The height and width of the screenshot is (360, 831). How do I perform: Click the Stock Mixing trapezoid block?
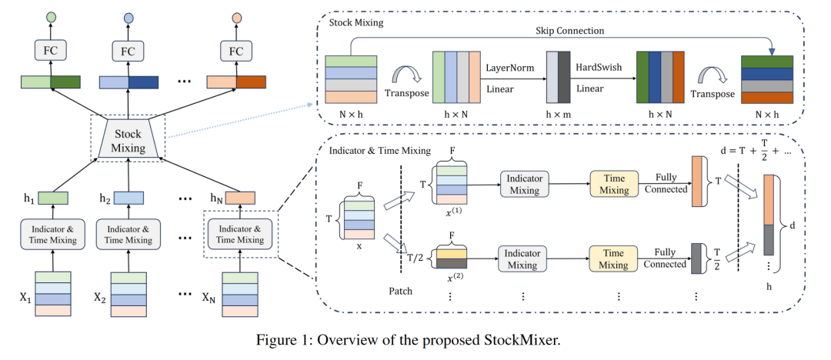click(x=128, y=141)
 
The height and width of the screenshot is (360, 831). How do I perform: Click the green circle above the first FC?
click(x=52, y=16)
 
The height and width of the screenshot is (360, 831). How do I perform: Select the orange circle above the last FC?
click(x=237, y=16)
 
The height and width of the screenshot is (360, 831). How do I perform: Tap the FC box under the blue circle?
click(x=128, y=51)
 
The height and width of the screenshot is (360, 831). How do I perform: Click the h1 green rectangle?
click(x=52, y=198)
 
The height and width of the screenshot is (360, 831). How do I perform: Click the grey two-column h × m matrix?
click(x=559, y=77)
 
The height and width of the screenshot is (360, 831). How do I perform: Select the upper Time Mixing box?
click(x=613, y=183)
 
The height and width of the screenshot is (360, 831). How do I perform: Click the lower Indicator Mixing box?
click(x=522, y=258)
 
